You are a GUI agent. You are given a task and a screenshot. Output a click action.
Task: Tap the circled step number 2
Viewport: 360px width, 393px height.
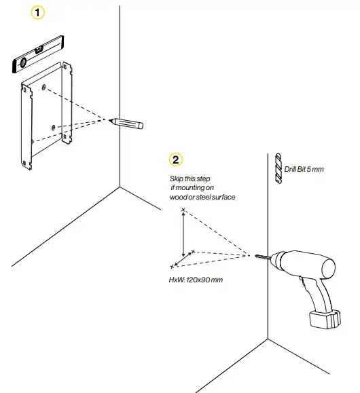(176, 160)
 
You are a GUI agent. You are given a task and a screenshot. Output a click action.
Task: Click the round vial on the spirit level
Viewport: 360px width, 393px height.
(22, 63)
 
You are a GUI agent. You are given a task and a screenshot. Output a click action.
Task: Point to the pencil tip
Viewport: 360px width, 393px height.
(111, 120)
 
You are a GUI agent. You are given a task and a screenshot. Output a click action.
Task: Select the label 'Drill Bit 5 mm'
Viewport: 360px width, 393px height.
(304, 168)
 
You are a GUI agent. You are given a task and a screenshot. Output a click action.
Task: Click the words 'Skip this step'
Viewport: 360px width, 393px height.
(187, 178)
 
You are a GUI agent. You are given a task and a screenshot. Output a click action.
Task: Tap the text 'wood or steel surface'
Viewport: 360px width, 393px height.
(202, 197)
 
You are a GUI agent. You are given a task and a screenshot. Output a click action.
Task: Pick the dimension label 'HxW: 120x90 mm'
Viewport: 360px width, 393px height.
(196, 280)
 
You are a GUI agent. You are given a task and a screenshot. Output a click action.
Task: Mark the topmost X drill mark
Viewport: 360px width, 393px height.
(183, 210)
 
